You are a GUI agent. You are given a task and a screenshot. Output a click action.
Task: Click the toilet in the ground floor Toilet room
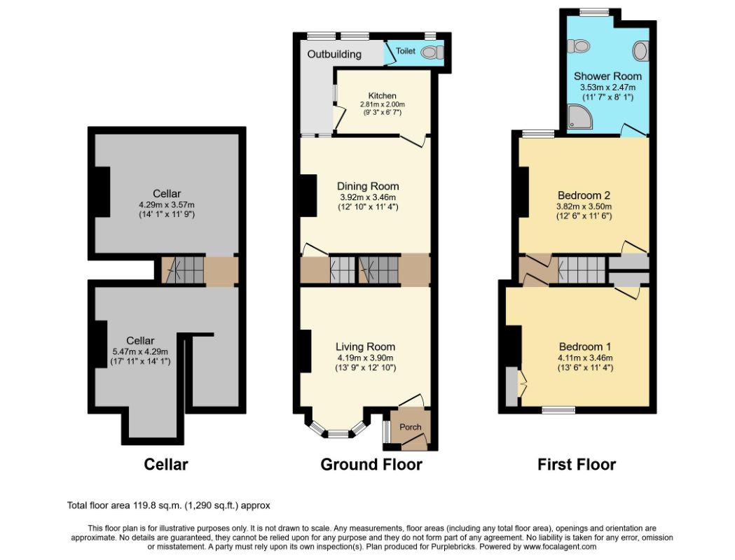point(432,52)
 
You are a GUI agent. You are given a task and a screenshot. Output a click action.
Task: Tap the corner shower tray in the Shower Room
point(579,116)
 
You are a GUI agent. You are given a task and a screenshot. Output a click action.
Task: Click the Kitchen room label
point(382,95)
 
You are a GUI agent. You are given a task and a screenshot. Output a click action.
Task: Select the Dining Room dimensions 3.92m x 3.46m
point(368,197)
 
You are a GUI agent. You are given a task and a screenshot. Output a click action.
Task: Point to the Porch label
point(410,427)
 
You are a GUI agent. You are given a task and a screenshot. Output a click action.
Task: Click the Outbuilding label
point(334,55)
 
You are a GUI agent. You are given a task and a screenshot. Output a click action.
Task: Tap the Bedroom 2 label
point(584,195)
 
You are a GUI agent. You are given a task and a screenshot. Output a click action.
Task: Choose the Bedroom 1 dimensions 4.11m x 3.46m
point(585,358)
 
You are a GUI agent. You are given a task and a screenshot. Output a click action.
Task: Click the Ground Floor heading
point(371,465)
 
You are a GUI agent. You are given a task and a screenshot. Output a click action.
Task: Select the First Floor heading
point(577,465)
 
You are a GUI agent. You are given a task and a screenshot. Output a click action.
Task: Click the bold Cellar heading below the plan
point(166,465)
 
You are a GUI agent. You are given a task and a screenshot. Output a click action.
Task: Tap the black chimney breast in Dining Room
point(308,195)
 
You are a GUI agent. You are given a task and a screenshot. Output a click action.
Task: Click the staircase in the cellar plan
point(183,270)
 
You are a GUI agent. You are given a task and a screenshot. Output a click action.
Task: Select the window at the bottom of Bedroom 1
point(558,411)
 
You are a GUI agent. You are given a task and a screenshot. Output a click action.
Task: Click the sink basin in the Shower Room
point(640,51)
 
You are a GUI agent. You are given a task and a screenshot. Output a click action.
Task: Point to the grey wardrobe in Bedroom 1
point(512,386)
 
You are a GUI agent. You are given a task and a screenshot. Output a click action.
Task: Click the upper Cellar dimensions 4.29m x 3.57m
point(167,204)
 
